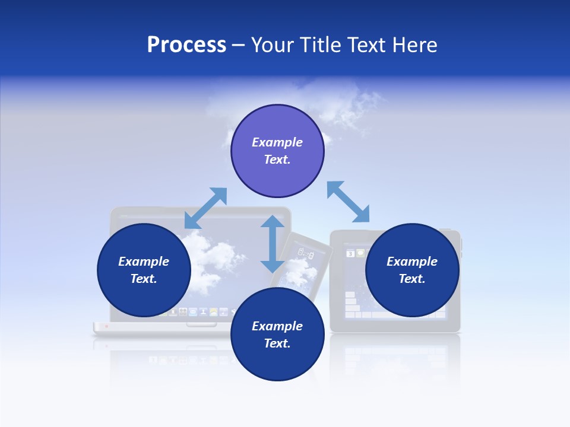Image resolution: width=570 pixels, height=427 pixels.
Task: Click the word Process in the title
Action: [x=186, y=45]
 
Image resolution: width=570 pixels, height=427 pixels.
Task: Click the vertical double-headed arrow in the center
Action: [x=273, y=244]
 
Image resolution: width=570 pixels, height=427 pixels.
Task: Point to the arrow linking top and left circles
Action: [x=206, y=208]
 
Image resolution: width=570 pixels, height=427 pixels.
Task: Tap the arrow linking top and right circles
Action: [x=349, y=202]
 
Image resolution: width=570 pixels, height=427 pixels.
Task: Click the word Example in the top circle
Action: [x=277, y=142]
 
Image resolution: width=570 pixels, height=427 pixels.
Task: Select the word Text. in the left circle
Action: [x=144, y=279]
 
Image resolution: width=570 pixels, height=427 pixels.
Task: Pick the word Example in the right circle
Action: [x=412, y=262]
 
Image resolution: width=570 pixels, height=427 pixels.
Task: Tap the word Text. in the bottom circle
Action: [x=277, y=343]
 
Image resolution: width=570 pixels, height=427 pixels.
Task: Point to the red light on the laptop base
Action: [x=107, y=326]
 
